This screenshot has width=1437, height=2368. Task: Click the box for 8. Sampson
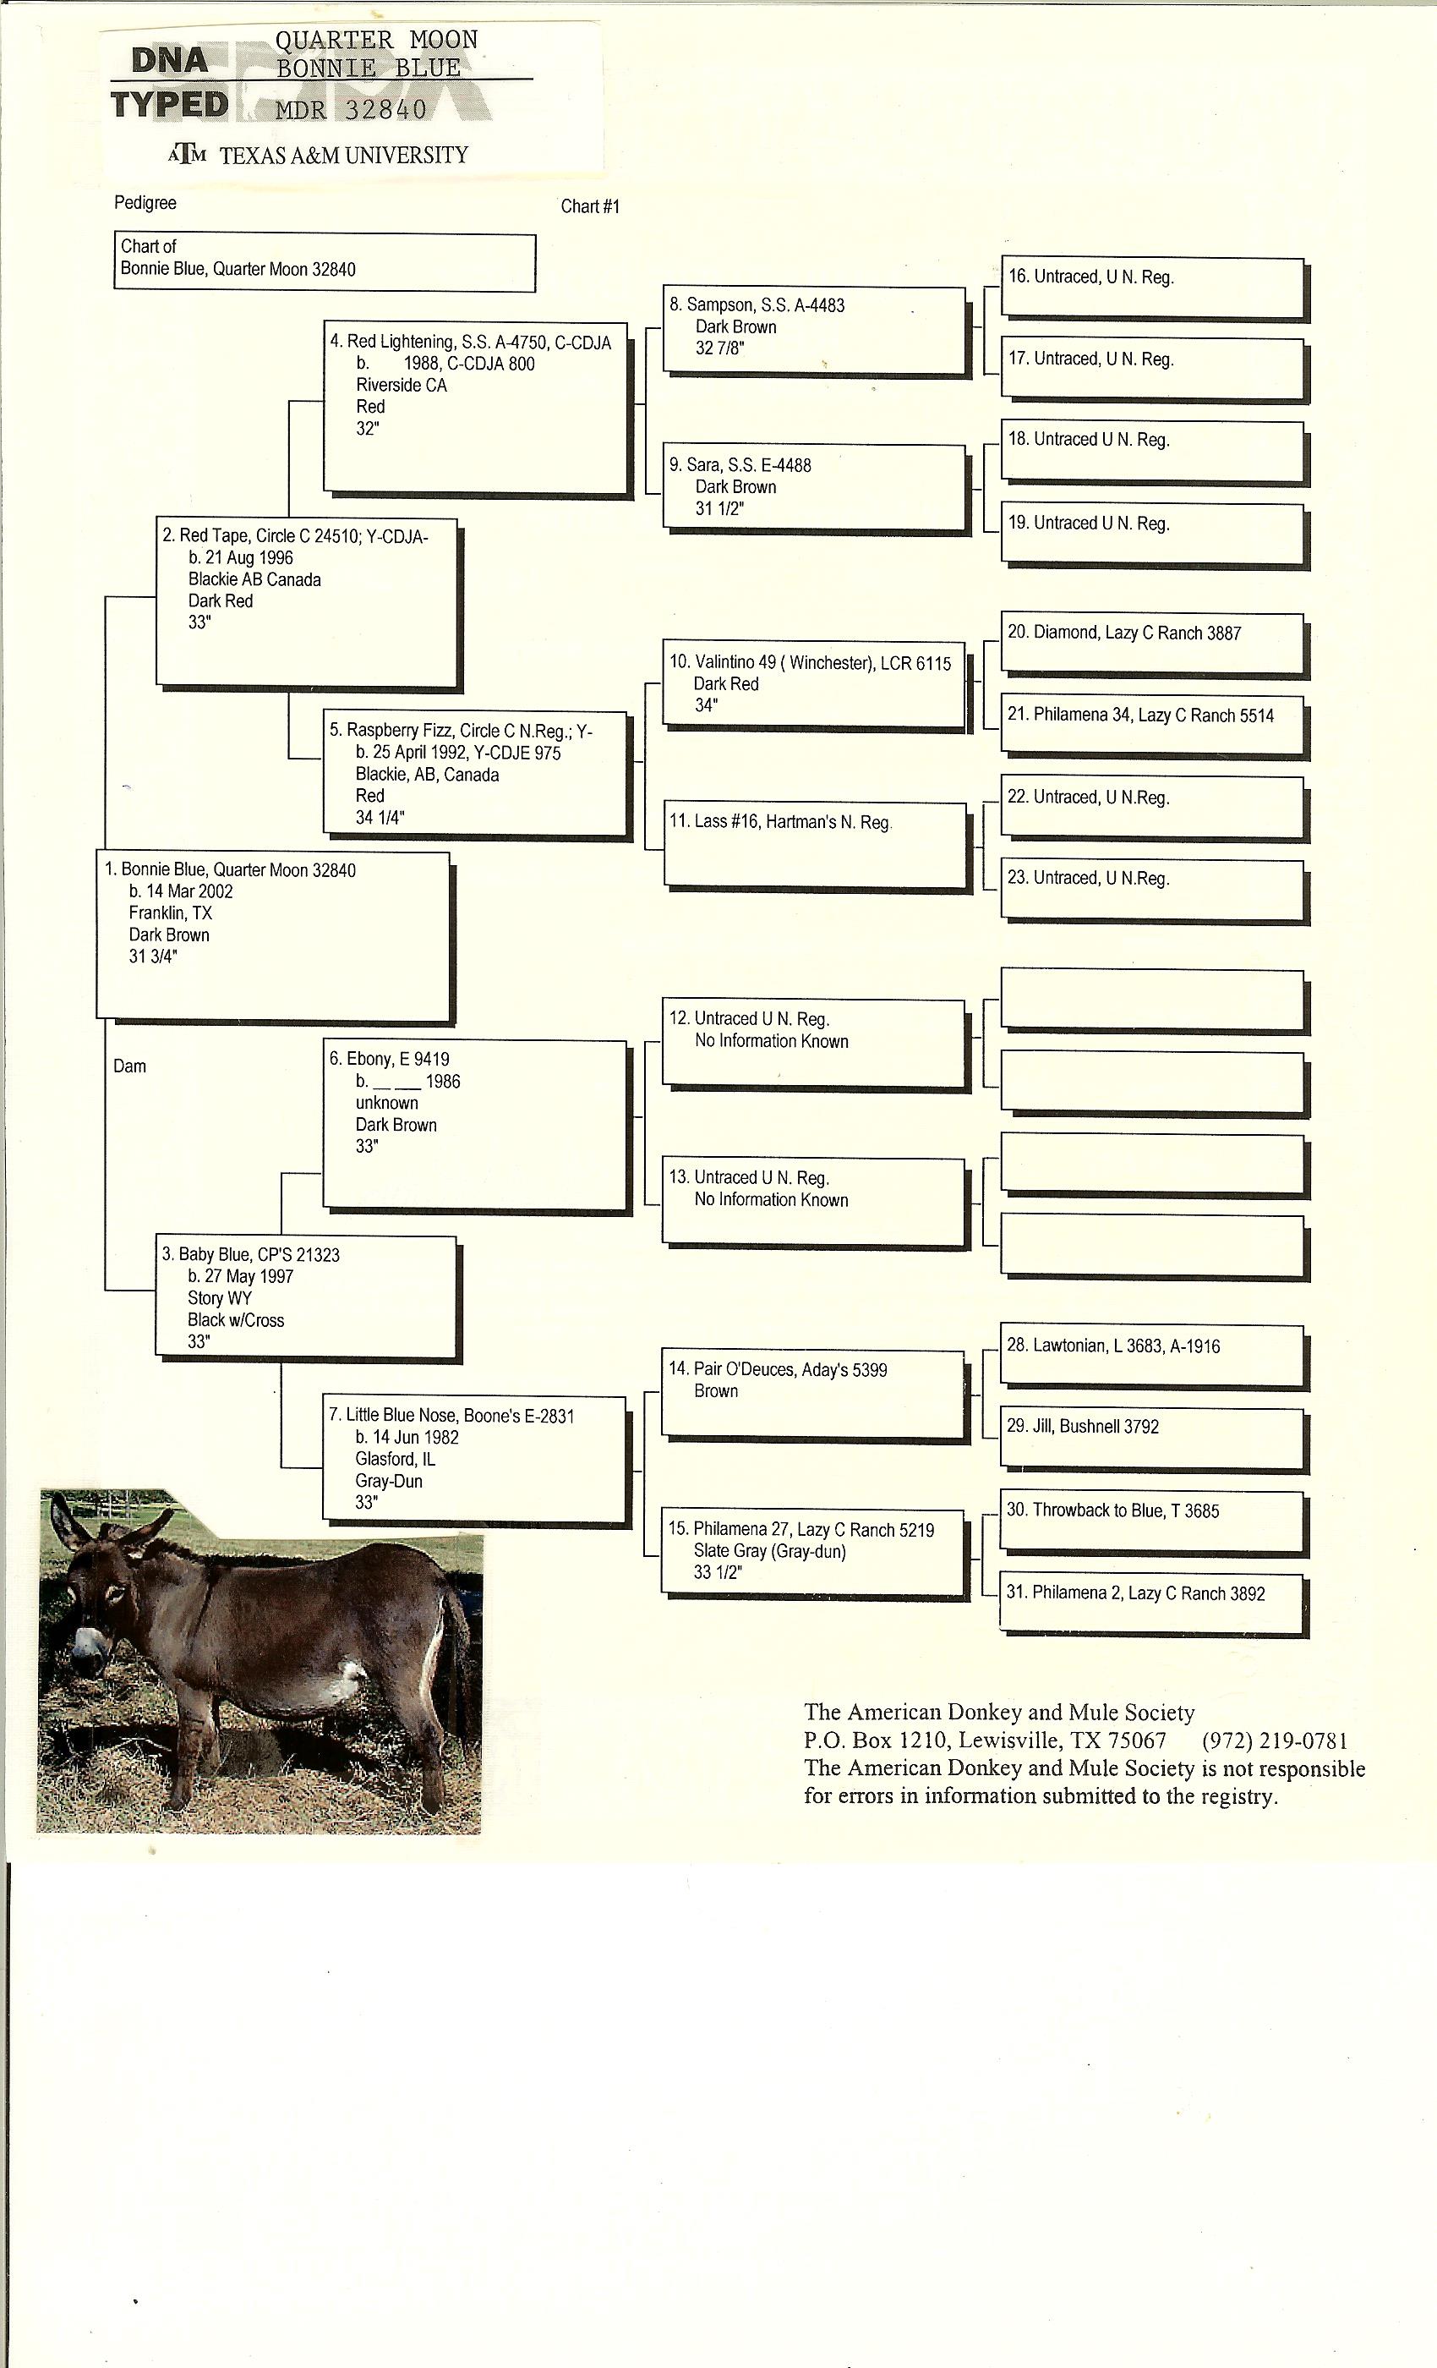point(813,330)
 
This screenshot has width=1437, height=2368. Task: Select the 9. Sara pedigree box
point(813,486)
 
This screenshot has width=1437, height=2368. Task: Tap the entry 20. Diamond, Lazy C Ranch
point(1151,643)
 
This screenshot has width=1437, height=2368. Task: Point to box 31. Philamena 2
point(1151,1601)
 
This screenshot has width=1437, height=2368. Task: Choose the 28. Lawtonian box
point(1151,1355)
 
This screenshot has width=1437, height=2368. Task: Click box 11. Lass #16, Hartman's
point(813,844)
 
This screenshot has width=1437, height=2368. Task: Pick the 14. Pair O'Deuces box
point(812,1394)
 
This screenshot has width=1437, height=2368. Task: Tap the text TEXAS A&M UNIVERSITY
point(343,156)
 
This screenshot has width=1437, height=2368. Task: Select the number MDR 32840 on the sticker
point(351,111)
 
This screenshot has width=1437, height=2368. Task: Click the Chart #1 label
point(590,206)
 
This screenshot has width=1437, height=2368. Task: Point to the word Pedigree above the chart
point(145,203)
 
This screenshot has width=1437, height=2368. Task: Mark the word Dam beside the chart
point(129,1066)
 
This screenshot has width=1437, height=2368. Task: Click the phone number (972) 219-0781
point(1275,1740)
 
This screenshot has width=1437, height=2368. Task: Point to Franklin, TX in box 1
point(170,913)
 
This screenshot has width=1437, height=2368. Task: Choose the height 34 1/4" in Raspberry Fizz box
point(380,818)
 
